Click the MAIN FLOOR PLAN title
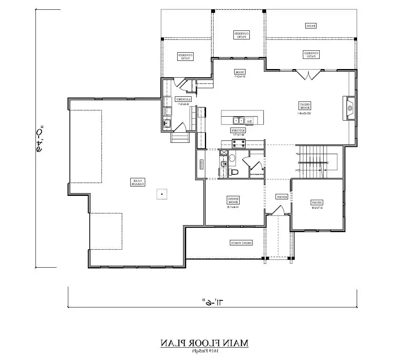tap(204, 343)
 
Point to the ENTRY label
tap(282, 197)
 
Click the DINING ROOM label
tap(233, 200)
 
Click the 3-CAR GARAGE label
tap(137, 182)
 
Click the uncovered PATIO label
tap(310, 26)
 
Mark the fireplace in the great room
tap(350, 108)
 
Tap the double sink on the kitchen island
tap(238, 121)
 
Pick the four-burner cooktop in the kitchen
tap(238, 144)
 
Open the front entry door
tap(278, 211)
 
